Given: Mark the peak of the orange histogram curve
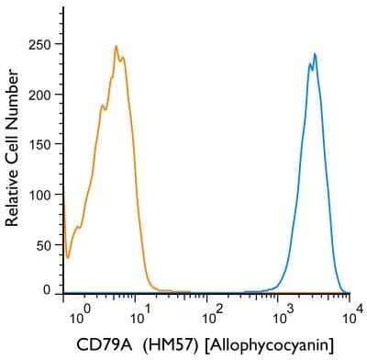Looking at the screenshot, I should tap(117, 46).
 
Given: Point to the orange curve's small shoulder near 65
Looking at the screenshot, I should tap(78, 225).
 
